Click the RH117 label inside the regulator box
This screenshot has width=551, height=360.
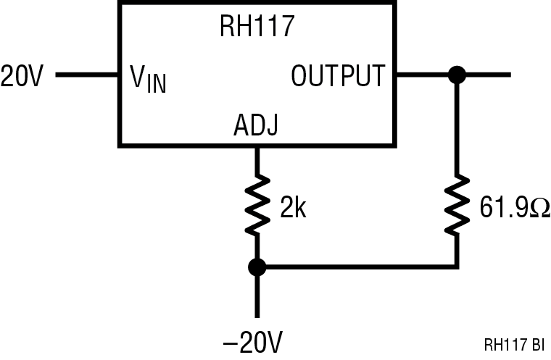pos(257,28)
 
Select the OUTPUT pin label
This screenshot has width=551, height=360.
pos(337,75)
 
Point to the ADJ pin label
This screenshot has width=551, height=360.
pos(256,126)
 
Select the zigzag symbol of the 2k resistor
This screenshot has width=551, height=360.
pos(256,207)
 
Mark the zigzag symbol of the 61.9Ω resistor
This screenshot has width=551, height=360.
pos(456,207)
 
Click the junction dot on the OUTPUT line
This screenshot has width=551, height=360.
pos(456,74)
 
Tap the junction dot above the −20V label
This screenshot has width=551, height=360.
pos(256,267)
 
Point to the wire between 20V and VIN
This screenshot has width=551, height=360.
pos(87,74)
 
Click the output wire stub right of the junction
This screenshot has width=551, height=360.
pos(489,74)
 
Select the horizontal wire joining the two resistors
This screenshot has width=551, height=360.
pos(355,267)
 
